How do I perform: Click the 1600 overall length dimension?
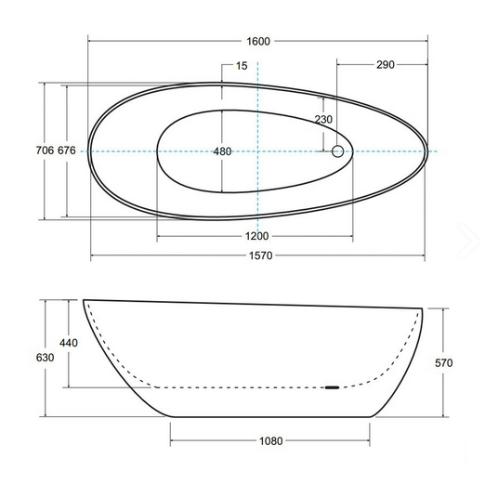[258, 41]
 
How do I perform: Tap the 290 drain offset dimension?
[386, 65]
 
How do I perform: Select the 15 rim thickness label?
[242, 66]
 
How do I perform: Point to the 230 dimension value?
[323, 120]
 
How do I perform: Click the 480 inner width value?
[222, 151]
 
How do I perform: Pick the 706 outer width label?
[45, 150]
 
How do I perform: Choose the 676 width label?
[67, 150]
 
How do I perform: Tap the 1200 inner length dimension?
[256, 236]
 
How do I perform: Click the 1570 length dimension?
[260, 255]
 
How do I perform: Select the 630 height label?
[45, 358]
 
